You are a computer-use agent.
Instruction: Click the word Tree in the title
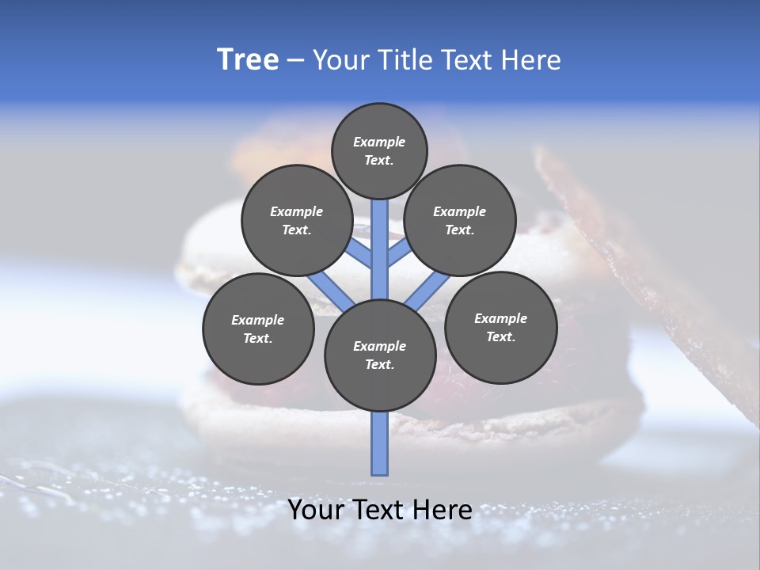point(248,60)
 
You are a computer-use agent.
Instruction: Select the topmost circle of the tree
point(379,150)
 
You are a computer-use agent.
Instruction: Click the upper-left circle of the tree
point(296,220)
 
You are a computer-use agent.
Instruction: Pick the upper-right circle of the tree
point(460,220)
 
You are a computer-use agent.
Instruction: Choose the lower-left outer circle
point(258,329)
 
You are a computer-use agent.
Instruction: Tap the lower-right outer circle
point(500,327)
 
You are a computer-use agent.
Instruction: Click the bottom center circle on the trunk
point(380,355)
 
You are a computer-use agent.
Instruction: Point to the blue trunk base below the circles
point(380,443)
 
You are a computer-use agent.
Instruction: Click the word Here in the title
point(533,60)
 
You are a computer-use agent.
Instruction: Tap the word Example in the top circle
point(379,142)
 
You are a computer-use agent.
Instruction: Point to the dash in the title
point(294,60)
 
